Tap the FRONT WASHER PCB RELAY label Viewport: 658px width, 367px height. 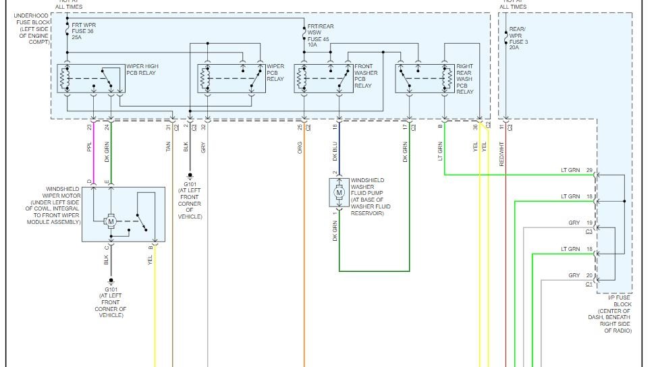(366, 76)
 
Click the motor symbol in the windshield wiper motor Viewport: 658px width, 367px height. (112, 221)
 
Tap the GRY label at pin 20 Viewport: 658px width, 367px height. (574, 275)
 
